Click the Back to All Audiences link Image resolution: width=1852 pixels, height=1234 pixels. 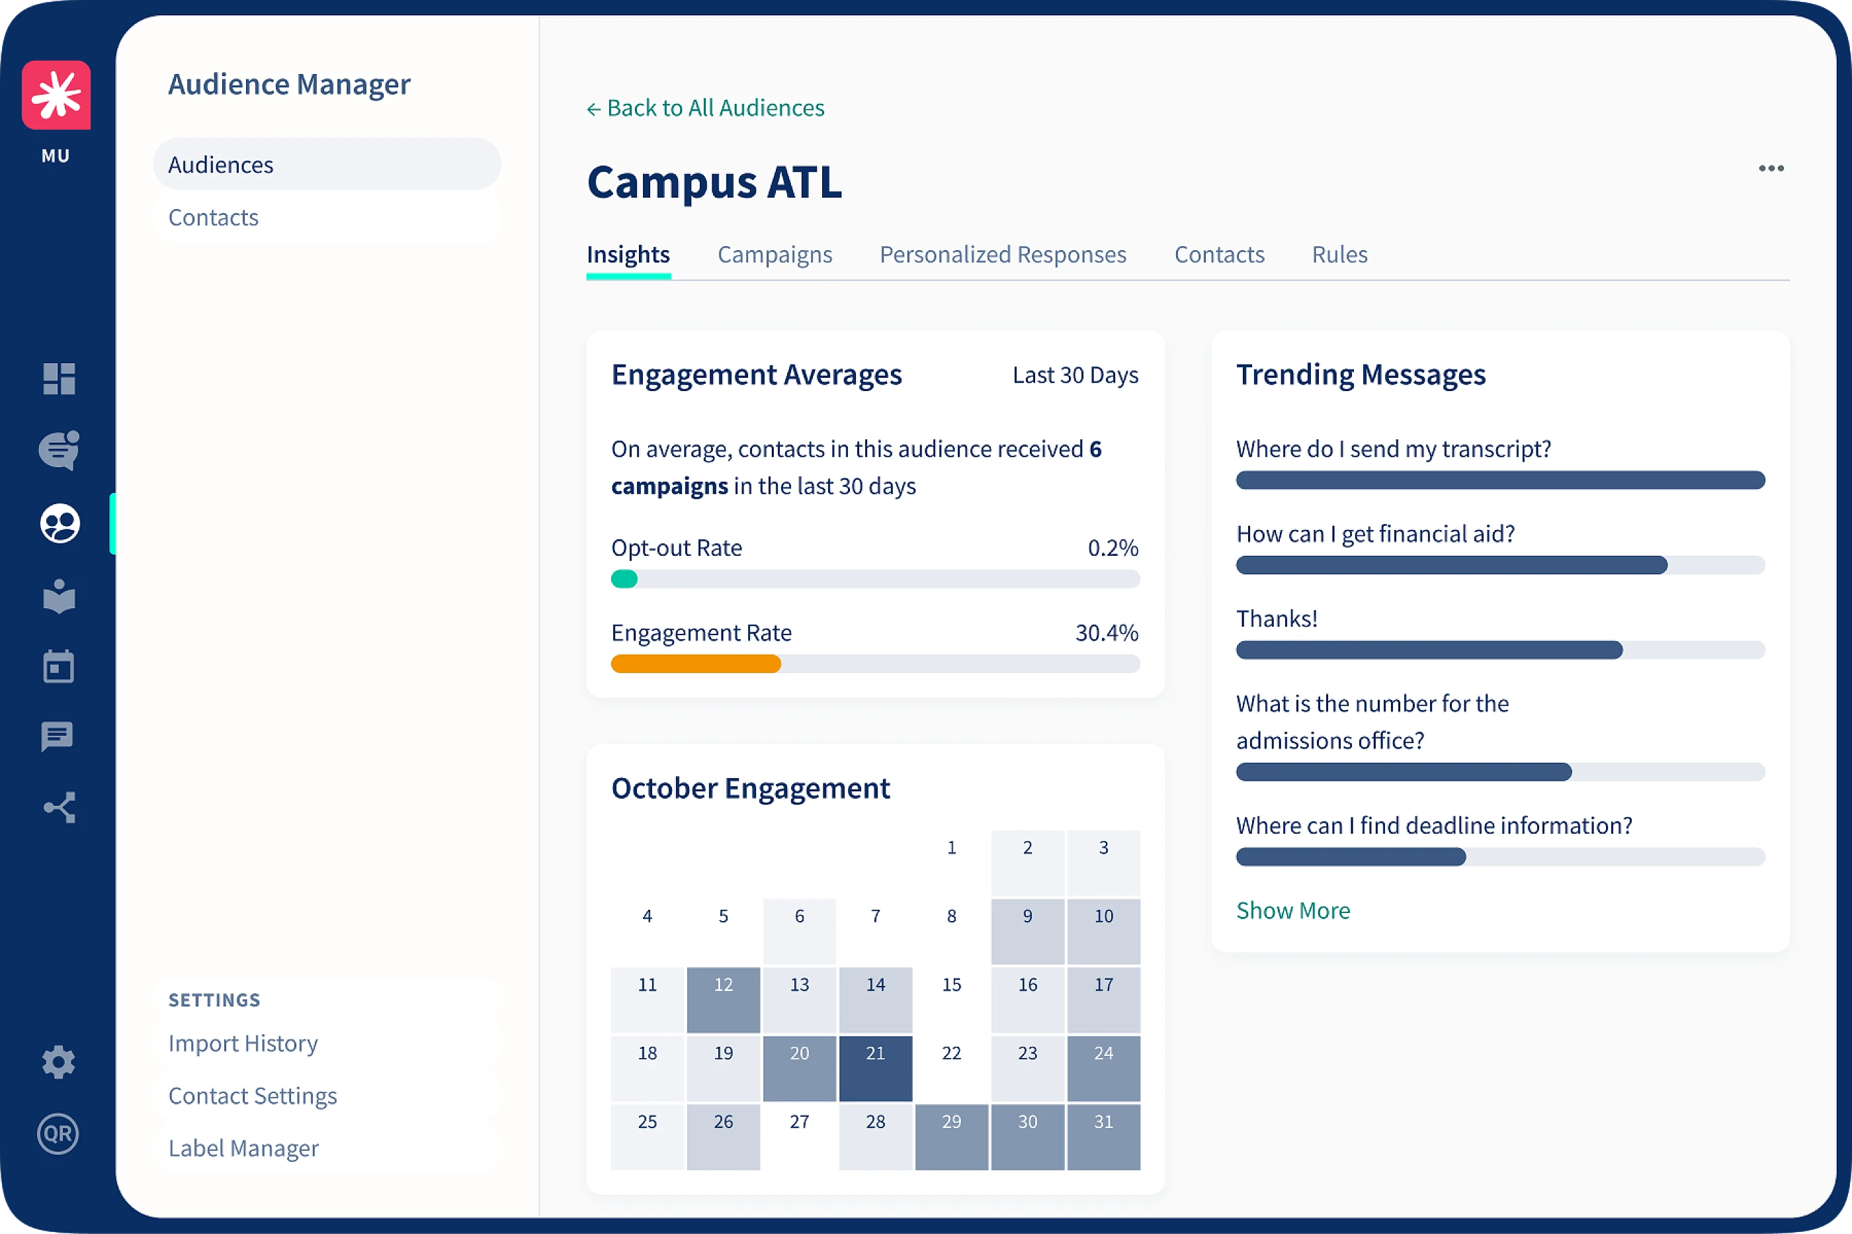pyautogui.click(x=705, y=108)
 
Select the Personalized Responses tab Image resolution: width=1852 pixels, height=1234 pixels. pyautogui.click(x=1002, y=254)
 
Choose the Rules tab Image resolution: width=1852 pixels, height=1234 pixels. pyautogui.click(x=1339, y=254)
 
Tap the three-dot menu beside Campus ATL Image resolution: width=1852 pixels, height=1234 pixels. pyautogui.click(x=1770, y=169)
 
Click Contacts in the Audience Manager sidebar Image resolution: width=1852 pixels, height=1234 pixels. pyautogui.click(x=213, y=217)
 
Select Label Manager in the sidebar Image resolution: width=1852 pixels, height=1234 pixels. pyautogui.click(x=243, y=1148)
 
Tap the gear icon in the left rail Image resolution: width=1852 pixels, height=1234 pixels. pyautogui.click(x=58, y=1063)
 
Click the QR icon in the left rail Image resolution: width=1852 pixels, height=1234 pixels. pyautogui.click(x=58, y=1134)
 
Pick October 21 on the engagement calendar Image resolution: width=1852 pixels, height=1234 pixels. pyautogui.click(x=875, y=1068)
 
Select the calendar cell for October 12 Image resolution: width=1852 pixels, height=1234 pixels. pyautogui.click(x=723, y=1000)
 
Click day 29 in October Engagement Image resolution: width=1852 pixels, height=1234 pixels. pyautogui.click(x=951, y=1137)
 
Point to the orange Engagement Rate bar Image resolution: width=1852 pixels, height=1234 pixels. pyautogui.click(x=695, y=664)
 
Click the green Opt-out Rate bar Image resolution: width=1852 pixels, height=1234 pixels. pyautogui.click(x=624, y=579)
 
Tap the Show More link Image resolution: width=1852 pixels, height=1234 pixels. pyautogui.click(x=1292, y=910)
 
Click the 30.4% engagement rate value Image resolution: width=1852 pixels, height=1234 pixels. pyautogui.click(x=1106, y=633)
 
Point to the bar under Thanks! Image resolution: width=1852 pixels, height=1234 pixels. pyautogui.click(x=1429, y=650)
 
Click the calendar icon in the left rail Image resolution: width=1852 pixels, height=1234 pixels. pyautogui.click(x=58, y=666)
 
